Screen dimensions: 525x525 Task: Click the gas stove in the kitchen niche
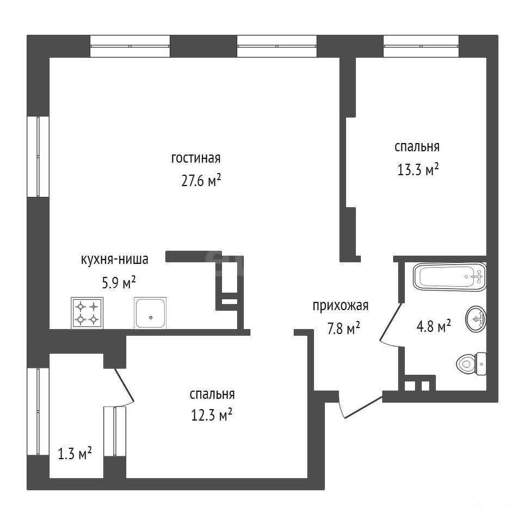pyautogui.click(x=87, y=313)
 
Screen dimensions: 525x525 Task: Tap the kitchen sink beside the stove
pyautogui.click(x=150, y=313)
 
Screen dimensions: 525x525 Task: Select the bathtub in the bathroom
pyautogui.click(x=450, y=276)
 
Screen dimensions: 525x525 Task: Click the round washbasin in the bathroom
pyautogui.click(x=476, y=319)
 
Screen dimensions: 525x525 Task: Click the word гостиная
pyautogui.click(x=196, y=158)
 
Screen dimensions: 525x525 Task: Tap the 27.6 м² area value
pyautogui.click(x=201, y=181)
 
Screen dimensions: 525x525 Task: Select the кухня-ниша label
pyautogui.click(x=114, y=260)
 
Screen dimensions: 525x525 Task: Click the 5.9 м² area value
pyautogui.click(x=119, y=283)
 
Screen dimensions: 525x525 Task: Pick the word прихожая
pyautogui.click(x=341, y=306)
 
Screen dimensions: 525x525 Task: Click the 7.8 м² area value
pyautogui.click(x=343, y=329)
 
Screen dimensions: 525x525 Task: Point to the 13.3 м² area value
pyautogui.click(x=418, y=170)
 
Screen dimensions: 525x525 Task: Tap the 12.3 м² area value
pyautogui.click(x=212, y=416)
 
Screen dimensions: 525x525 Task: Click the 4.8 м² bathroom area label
pyautogui.click(x=434, y=326)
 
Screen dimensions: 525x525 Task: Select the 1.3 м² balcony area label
pyautogui.click(x=75, y=454)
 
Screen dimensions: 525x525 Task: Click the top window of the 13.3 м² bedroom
pyautogui.click(x=421, y=46)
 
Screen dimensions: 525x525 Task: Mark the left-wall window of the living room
pyautogui.click(x=38, y=156)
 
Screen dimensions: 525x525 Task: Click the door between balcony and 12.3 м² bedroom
pyautogui.click(x=125, y=385)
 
